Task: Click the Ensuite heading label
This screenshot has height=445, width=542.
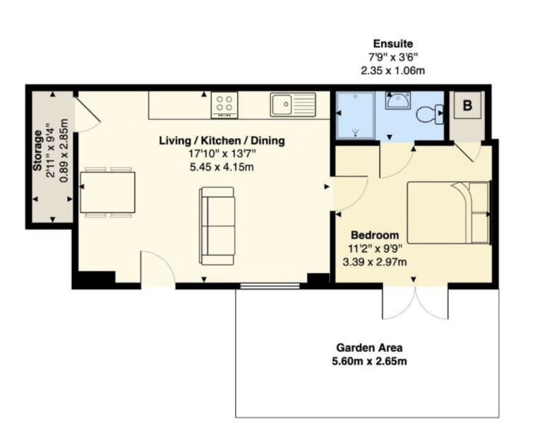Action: (393, 44)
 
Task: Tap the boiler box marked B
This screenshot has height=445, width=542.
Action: (466, 107)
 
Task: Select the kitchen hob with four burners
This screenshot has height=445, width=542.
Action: (224, 105)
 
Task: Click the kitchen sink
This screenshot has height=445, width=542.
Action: (291, 104)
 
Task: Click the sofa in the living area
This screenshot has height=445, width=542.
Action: (217, 225)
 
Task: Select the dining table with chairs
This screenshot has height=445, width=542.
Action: (107, 192)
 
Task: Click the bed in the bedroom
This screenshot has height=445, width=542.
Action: (449, 212)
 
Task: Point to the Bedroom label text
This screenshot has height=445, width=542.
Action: (375, 235)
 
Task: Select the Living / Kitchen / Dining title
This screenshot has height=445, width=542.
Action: (222, 140)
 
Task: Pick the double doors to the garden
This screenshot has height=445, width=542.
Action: (414, 302)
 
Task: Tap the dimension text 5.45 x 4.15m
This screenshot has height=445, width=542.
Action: (221, 167)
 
